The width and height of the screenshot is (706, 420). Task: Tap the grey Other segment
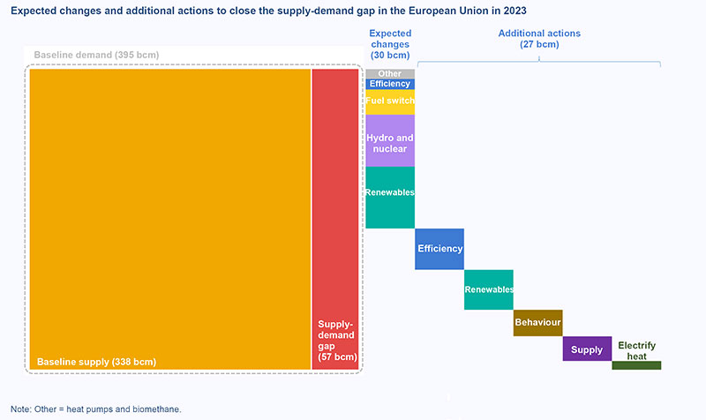(x=390, y=74)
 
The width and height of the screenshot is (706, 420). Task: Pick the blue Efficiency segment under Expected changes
(x=390, y=84)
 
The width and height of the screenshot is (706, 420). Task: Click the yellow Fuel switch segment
(x=390, y=101)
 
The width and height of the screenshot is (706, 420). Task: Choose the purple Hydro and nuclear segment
(x=390, y=143)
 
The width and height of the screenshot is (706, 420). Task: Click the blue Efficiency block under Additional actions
(x=439, y=249)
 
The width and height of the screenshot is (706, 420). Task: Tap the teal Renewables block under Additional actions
(x=489, y=289)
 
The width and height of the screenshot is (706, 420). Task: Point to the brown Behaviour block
(x=537, y=323)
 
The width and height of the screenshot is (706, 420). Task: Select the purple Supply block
(x=587, y=349)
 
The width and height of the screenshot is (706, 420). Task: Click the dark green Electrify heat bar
(x=635, y=365)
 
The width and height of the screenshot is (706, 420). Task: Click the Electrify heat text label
(x=636, y=350)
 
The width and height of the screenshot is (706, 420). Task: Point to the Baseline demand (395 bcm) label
(x=96, y=55)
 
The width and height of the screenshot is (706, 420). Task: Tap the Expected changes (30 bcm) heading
(x=389, y=44)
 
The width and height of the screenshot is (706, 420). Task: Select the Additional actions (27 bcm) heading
(x=539, y=38)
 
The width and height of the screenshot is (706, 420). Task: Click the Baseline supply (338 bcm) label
(x=96, y=362)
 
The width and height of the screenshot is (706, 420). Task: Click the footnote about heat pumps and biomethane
(x=95, y=409)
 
